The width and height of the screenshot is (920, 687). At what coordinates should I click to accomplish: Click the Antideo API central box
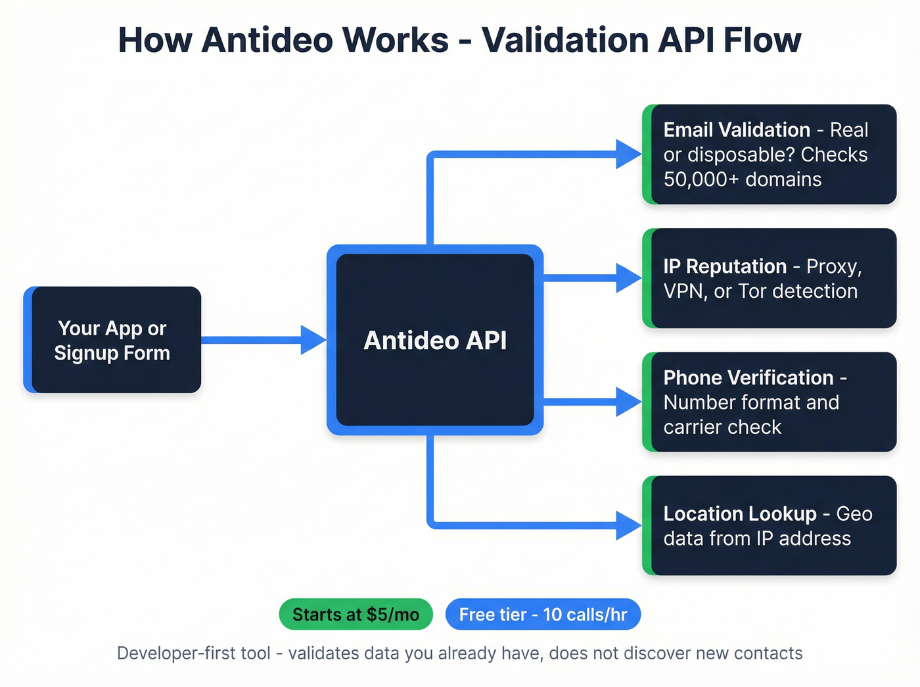pos(434,340)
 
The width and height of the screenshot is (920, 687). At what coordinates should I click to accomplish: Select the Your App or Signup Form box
pos(112,340)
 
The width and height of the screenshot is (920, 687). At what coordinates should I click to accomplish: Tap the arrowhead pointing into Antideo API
pos(313,340)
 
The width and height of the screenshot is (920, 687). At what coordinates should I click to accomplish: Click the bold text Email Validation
pos(736,130)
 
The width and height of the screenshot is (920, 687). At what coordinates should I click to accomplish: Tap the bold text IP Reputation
pos(724,266)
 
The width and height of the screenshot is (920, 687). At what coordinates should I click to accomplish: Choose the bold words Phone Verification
pos(748,377)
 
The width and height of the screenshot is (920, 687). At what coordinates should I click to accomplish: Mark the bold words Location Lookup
pos(739,513)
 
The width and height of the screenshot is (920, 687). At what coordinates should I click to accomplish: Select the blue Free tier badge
pos(543,615)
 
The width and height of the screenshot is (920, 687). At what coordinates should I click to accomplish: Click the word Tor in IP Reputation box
pos(752,291)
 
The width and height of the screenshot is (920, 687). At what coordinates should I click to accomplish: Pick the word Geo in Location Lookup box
pos(854,513)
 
